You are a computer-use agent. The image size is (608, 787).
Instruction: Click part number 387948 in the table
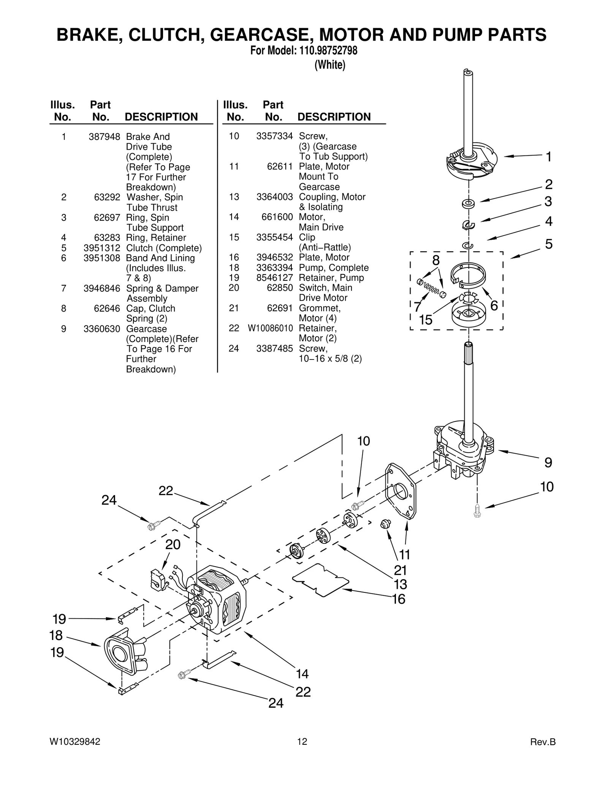(104, 137)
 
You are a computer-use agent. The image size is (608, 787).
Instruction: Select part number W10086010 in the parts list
(270, 328)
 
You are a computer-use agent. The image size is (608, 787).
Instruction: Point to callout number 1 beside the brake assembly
(548, 156)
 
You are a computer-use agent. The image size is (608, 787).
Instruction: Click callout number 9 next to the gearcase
(548, 462)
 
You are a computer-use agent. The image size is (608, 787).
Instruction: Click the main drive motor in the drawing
(217, 604)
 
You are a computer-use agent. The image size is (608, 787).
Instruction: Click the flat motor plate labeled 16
(320, 580)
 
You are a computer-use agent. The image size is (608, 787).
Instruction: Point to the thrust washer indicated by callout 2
(468, 204)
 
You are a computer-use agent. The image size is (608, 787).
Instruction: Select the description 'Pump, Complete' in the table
(333, 268)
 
